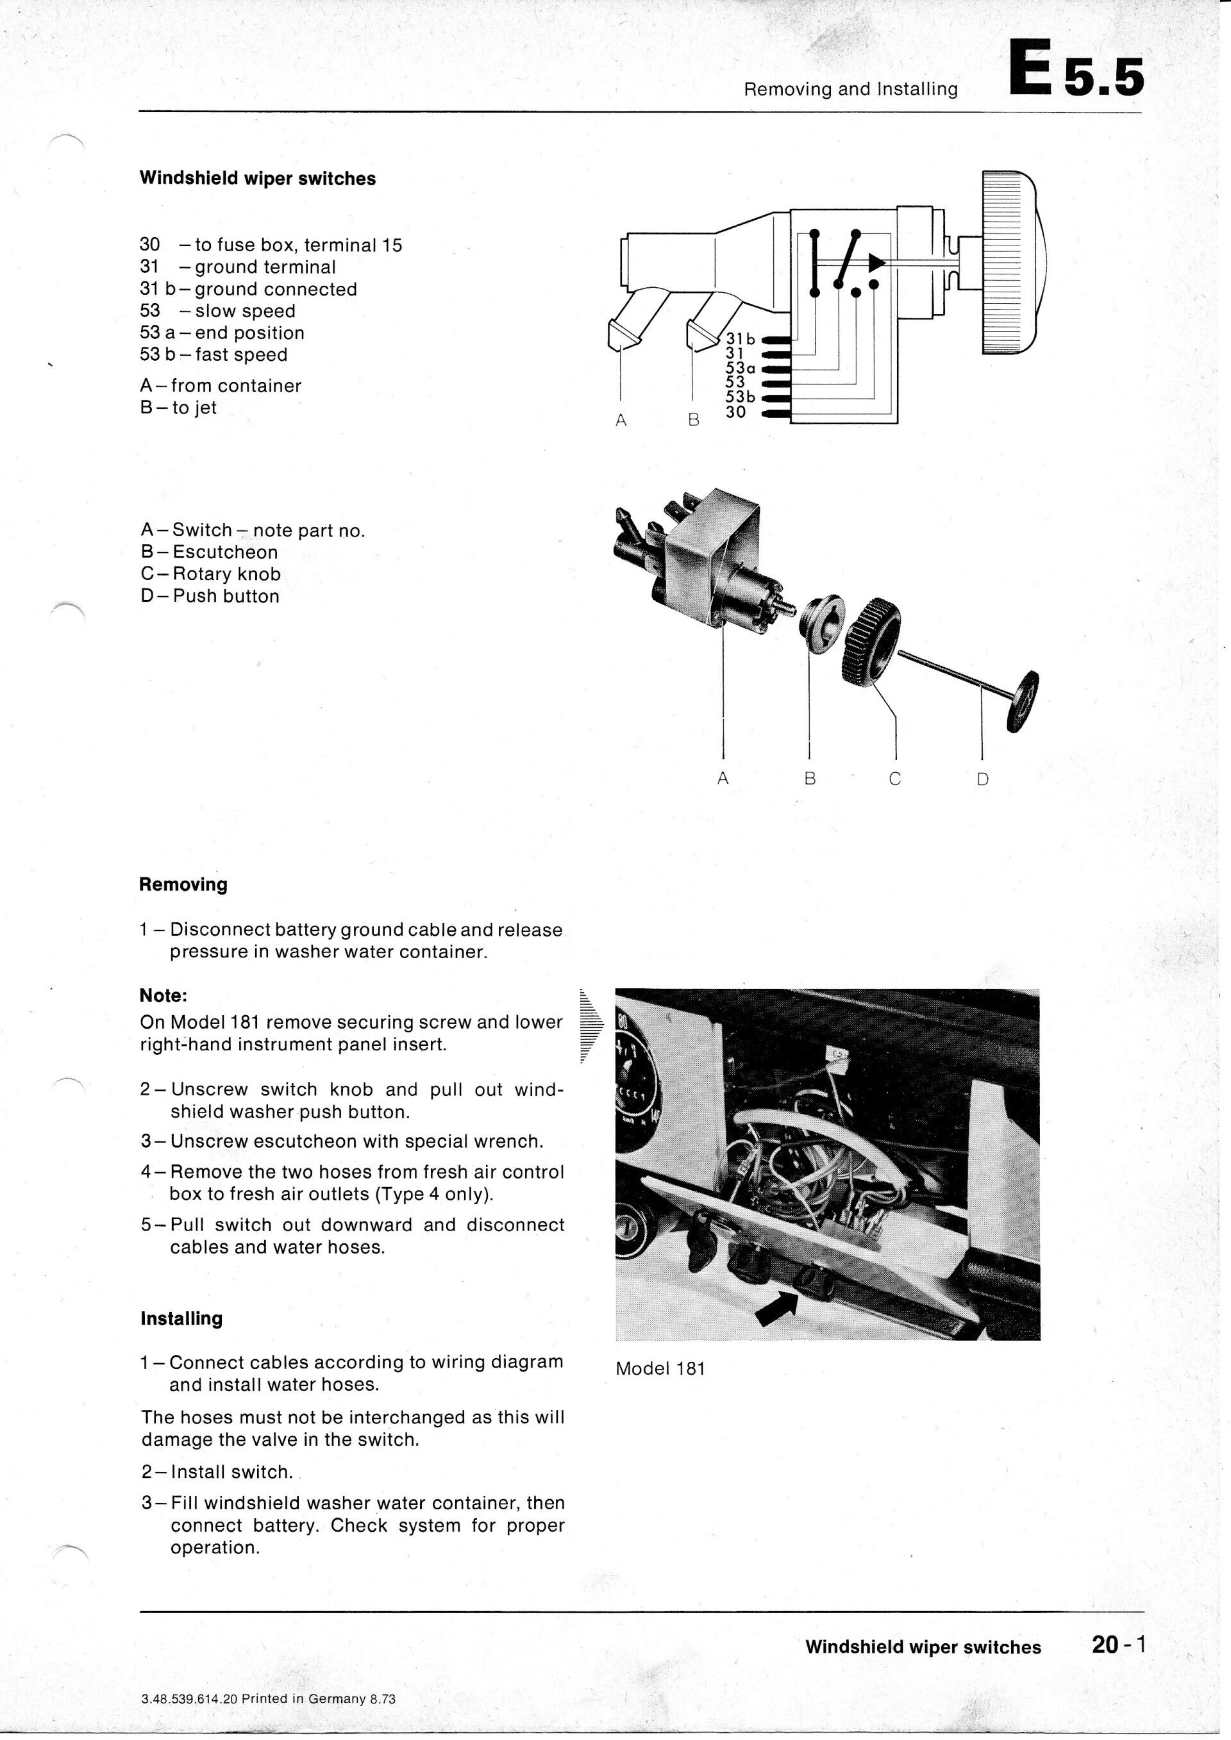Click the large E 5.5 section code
click(1075, 70)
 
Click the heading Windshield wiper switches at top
click(258, 179)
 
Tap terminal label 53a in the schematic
click(740, 368)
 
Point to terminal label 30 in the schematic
click(735, 411)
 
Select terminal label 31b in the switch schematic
click(740, 339)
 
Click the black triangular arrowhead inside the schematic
click(876, 263)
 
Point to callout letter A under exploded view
click(723, 778)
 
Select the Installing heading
click(181, 1318)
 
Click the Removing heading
click(183, 884)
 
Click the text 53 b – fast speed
click(214, 354)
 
